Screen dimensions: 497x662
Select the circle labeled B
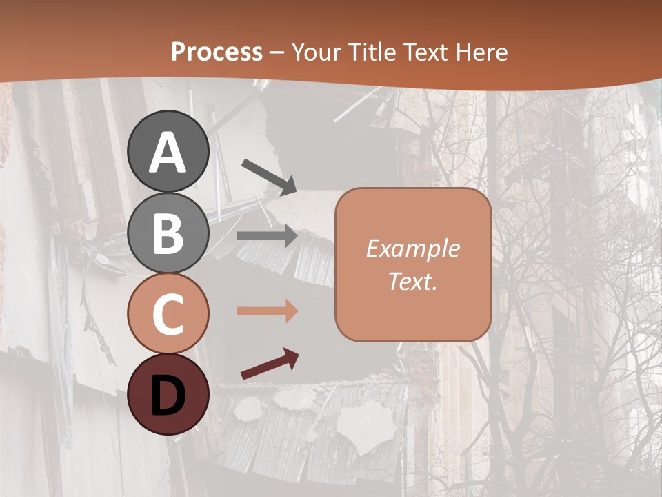coord(168,233)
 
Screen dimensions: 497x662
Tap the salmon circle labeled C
coord(168,314)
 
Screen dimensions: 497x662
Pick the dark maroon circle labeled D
coord(168,395)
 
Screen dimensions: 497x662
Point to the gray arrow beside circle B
coord(267,236)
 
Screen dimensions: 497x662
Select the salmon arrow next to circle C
coord(267,311)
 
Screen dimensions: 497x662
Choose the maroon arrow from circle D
coord(270,364)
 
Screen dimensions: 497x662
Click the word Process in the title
coord(217,52)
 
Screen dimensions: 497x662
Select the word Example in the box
coord(412,248)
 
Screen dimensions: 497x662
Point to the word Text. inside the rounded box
coord(412,281)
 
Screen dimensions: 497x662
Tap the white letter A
coord(168,153)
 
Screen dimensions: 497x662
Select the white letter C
coord(168,314)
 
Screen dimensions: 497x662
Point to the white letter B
coord(168,233)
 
